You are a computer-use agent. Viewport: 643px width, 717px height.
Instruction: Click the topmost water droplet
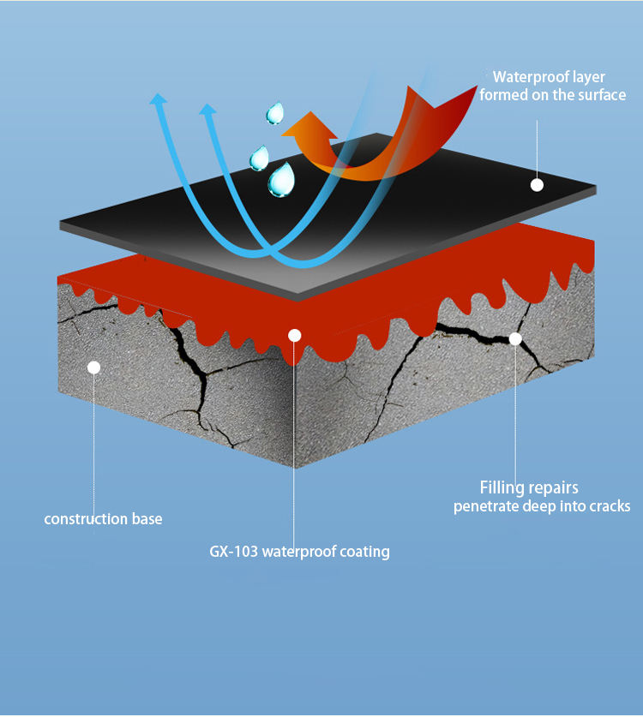274,113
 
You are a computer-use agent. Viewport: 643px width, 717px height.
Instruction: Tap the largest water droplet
280,180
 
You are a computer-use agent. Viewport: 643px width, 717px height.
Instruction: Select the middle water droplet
259,158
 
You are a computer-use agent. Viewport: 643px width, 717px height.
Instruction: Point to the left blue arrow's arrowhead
158,99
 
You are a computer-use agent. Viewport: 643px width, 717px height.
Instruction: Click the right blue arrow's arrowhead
207,108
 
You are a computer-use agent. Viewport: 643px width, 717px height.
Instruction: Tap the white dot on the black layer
537,185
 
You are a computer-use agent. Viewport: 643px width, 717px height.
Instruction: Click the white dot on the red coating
294,335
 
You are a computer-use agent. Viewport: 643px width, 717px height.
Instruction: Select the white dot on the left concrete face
94,367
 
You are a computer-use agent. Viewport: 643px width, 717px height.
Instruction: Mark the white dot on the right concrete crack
515,338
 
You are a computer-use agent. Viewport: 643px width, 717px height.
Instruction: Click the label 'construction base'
103,519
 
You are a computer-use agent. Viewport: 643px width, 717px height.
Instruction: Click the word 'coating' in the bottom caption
364,552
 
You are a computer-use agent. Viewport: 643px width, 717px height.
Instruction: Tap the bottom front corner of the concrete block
295,467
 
